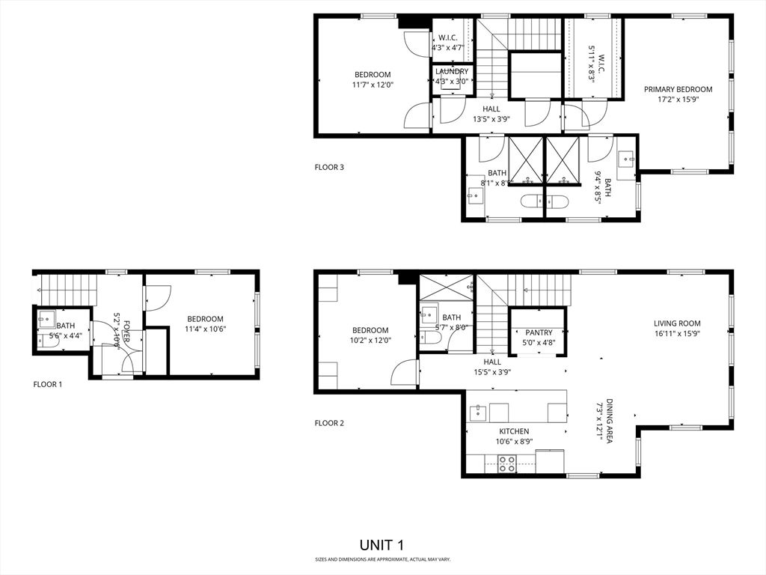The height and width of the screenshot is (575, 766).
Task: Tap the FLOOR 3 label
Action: pos(329,168)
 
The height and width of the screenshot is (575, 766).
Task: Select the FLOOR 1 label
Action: pos(48,384)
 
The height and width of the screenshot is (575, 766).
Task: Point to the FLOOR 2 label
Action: pos(329,423)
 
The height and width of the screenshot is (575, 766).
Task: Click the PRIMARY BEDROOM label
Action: pos(678,89)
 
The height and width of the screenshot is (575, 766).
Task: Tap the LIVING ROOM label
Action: pos(676,323)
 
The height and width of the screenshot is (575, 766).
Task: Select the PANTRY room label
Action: pos(538,332)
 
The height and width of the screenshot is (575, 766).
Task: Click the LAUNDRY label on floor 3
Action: pos(452,72)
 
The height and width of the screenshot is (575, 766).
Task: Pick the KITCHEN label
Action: pos(514,431)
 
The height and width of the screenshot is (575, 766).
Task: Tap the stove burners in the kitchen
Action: pos(507,463)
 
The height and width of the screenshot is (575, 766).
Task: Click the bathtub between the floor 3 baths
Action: pos(544,201)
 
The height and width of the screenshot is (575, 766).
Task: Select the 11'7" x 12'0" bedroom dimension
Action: pos(373,85)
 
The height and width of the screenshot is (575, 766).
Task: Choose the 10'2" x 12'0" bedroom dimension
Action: pos(370,340)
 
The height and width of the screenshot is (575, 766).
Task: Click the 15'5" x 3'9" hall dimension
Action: pos(491,371)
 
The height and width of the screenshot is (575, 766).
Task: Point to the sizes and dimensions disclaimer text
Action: pos(382,559)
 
